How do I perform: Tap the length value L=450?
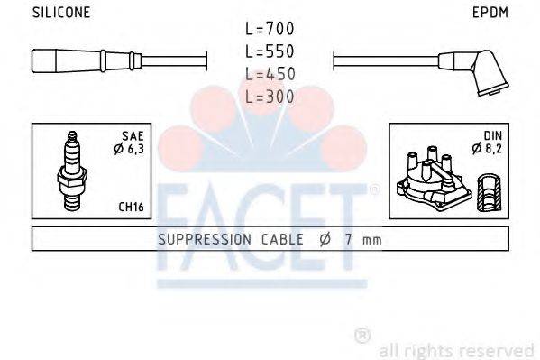point(270,74)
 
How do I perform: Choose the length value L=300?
point(270,95)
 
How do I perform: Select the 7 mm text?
point(362,240)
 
